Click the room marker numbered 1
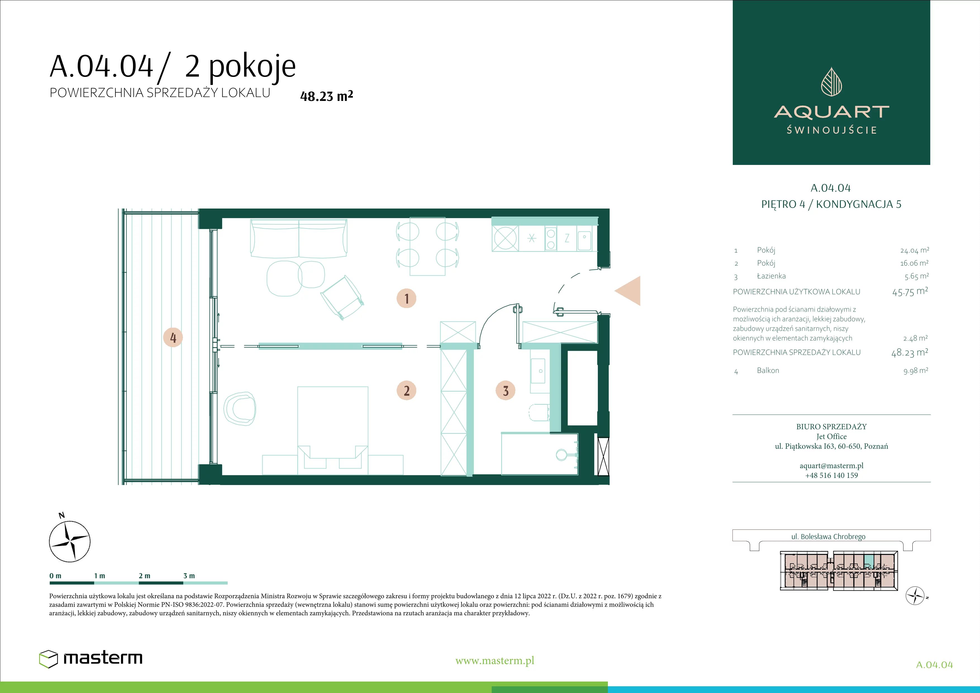[406, 299]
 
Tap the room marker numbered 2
[406, 390]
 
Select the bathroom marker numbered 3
[505, 390]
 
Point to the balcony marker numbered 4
[173, 337]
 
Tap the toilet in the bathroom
[539, 412]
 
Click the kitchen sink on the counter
[584, 241]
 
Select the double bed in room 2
[332, 427]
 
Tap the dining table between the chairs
[427, 246]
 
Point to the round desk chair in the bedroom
[239, 409]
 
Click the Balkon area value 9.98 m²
[915, 371]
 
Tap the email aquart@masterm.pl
[831, 465]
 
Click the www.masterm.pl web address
[495, 661]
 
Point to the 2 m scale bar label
[144, 576]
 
